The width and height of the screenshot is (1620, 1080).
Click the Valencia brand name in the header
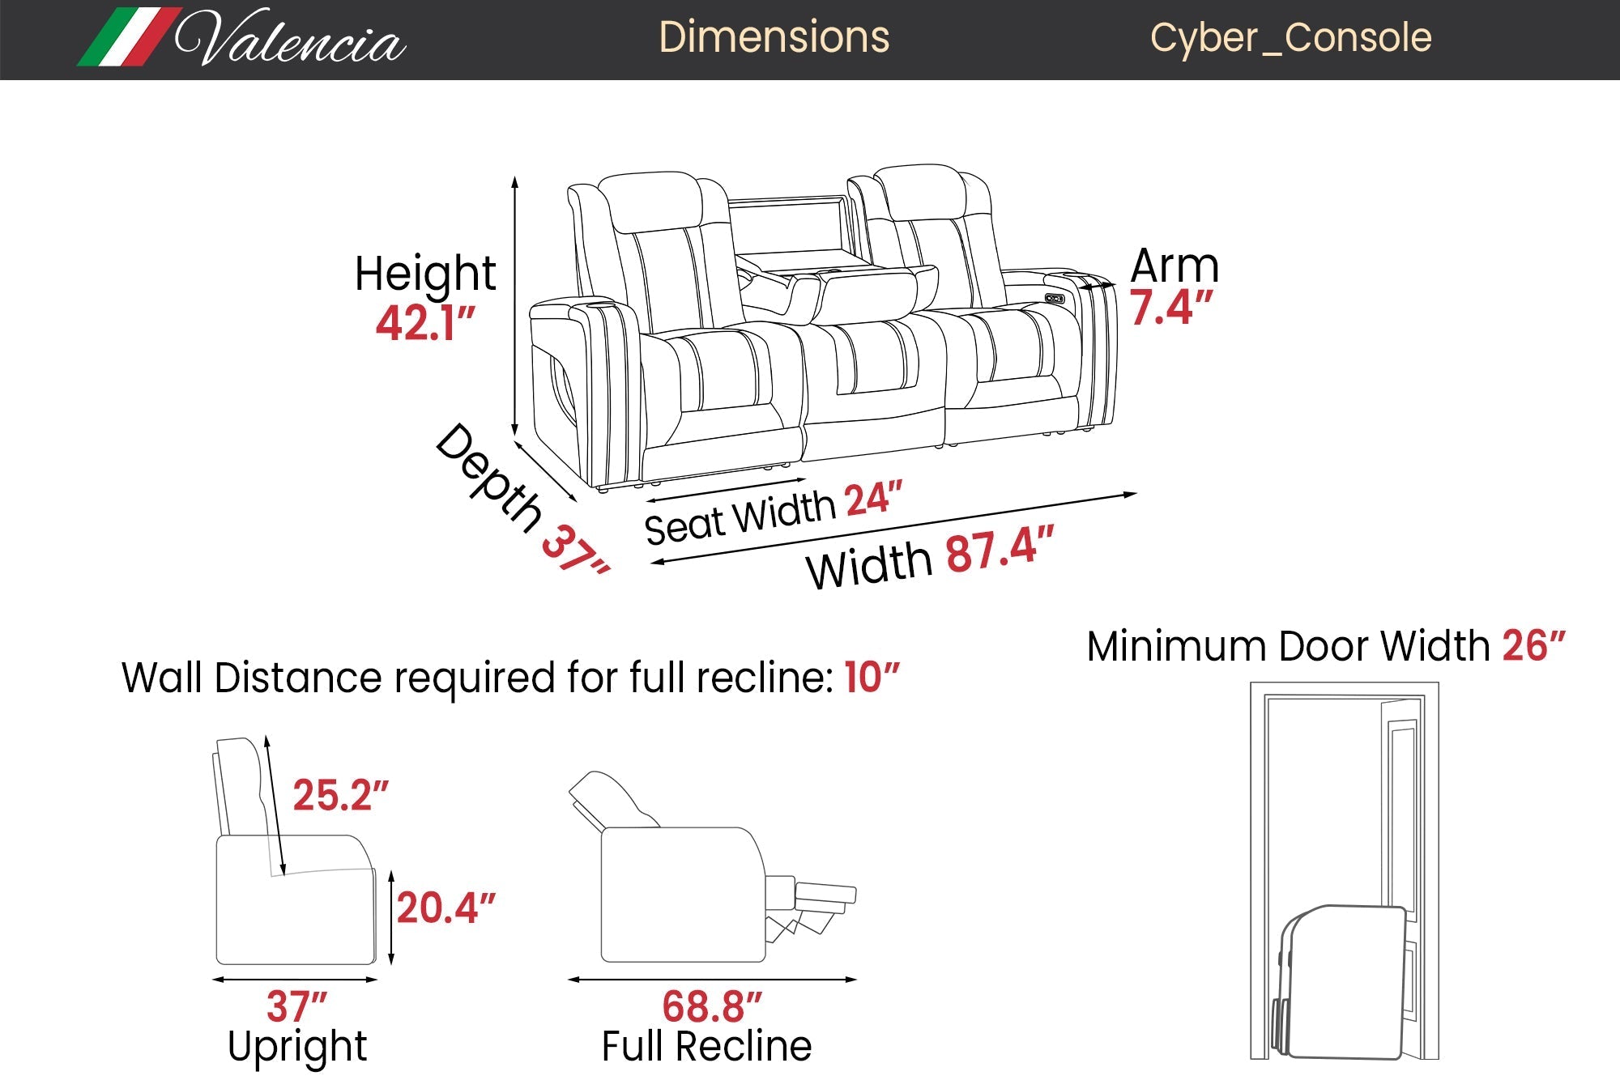click(289, 39)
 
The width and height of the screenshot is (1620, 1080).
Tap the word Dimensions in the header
click(774, 37)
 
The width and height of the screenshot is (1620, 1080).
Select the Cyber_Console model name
click(1290, 37)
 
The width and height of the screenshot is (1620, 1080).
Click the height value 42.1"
click(425, 323)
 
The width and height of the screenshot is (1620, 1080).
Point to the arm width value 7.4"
click(1171, 308)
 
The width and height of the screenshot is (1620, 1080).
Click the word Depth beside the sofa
click(489, 477)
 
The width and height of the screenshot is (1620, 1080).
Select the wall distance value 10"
click(872, 677)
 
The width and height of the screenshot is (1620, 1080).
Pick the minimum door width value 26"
click(1533, 646)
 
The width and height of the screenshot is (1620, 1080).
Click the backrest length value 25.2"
click(340, 795)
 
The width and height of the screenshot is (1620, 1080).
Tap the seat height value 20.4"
click(446, 908)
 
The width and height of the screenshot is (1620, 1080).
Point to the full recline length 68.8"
click(712, 1007)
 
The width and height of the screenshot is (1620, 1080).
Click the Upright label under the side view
click(297, 1046)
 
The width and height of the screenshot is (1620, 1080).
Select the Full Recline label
click(706, 1046)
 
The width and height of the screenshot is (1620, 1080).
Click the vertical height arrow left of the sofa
click(514, 308)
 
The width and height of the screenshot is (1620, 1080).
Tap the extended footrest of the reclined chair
click(825, 894)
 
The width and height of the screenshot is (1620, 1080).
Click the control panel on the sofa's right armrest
click(1055, 299)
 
